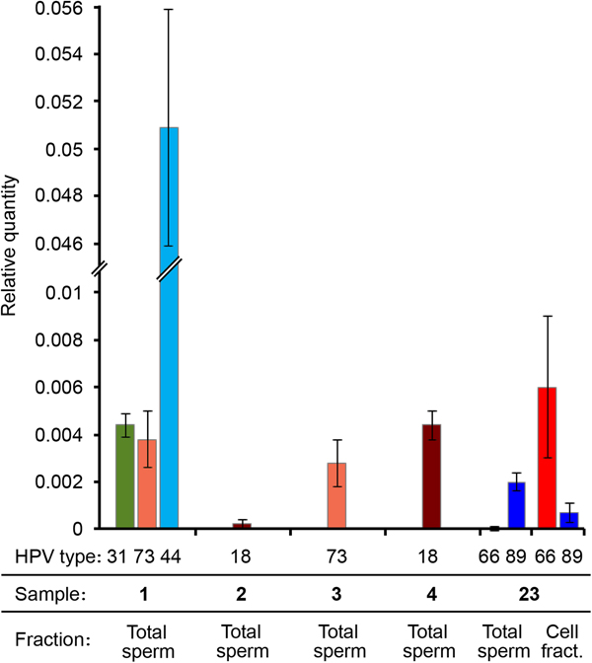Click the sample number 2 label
(x=243, y=597)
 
